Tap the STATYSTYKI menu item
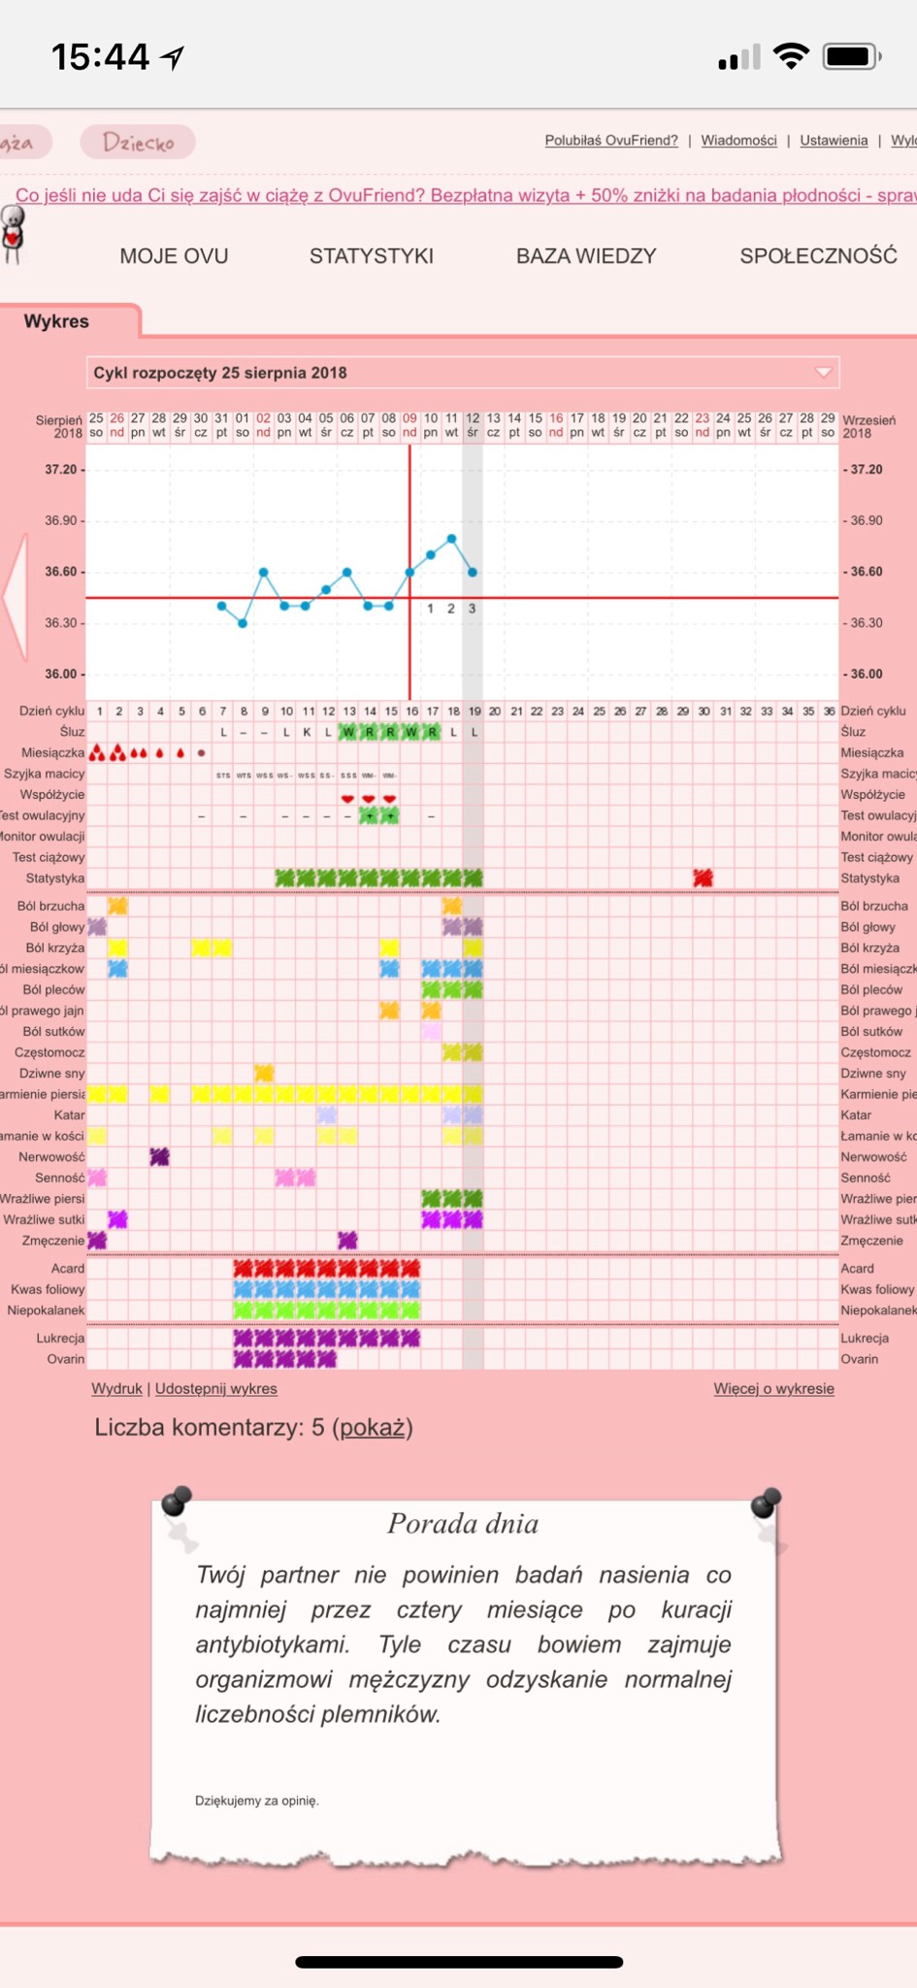371,256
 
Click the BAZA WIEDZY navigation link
586,256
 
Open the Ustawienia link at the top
834,141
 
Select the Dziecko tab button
138,143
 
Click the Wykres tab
56,321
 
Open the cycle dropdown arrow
823,373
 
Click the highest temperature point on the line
451,538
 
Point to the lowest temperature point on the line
243,623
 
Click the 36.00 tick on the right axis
867,674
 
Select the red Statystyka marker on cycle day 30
703,878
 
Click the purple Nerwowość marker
159,1157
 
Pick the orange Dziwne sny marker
264,1074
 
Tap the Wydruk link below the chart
116,1389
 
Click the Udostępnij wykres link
216,1389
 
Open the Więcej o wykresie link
773,1389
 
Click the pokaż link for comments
373,1428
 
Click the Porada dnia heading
463,1524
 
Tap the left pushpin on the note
177,1502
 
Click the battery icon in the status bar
851,57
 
